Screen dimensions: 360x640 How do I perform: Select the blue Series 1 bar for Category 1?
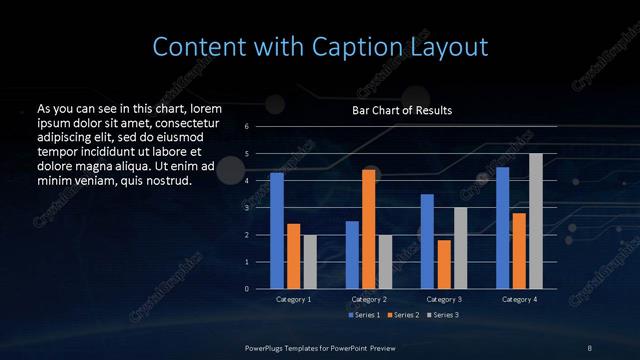click(277, 231)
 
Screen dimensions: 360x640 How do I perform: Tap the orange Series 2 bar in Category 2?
click(368, 229)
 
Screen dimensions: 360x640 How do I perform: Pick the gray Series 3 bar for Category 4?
click(535, 221)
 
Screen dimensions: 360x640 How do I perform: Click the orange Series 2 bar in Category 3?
click(444, 264)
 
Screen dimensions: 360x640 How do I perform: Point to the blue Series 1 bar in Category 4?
click(503, 228)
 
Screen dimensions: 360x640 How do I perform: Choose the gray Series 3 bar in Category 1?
click(309, 262)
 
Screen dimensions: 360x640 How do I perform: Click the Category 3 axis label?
click(444, 299)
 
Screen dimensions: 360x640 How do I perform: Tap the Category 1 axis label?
click(294, 299)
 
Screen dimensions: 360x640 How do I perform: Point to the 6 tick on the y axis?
click(247, 127)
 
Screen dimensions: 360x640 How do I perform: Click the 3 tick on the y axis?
click(247, 208)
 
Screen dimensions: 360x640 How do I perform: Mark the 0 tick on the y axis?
click(247, 289)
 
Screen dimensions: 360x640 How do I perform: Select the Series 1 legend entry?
click(365, 315)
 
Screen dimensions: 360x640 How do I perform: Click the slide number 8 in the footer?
click(590, 347)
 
